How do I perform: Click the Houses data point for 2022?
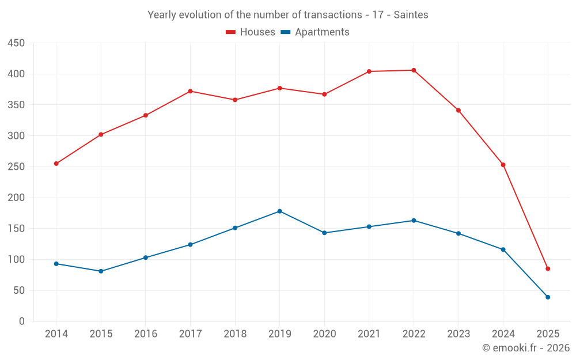(414, 70)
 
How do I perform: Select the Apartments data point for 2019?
(280, 211)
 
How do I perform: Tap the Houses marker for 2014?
(56, 164)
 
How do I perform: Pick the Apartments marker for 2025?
(548, 297)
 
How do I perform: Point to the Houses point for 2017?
(190, 91)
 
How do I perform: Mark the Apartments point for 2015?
(101, 271)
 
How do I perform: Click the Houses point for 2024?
(503, 165)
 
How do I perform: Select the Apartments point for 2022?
(414, 221)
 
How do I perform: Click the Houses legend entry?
(250, 32)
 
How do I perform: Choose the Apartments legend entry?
(315, 32)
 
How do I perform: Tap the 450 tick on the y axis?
(17, 43)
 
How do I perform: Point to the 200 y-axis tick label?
(17, 198)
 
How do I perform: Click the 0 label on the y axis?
(22, 321)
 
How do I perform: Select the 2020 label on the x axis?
(324, 334)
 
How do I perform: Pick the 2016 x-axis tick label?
(146, 334)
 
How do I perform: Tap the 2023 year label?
(458, 334)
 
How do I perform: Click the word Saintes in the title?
(411, 15)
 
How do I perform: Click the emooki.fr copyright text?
(526, 348)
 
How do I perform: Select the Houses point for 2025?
(548, 269)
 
